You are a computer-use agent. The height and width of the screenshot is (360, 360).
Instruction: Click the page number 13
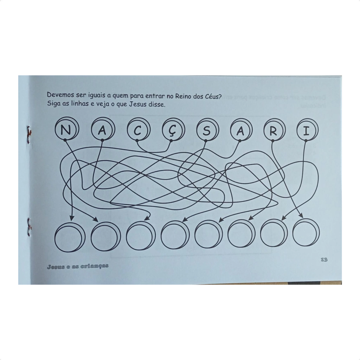(324, 260)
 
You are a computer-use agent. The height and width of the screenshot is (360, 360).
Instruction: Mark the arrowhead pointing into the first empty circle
(72, 218)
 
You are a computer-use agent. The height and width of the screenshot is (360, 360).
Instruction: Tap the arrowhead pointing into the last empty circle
(301, 216)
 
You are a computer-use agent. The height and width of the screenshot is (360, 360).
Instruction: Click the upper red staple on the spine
(28, 135)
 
